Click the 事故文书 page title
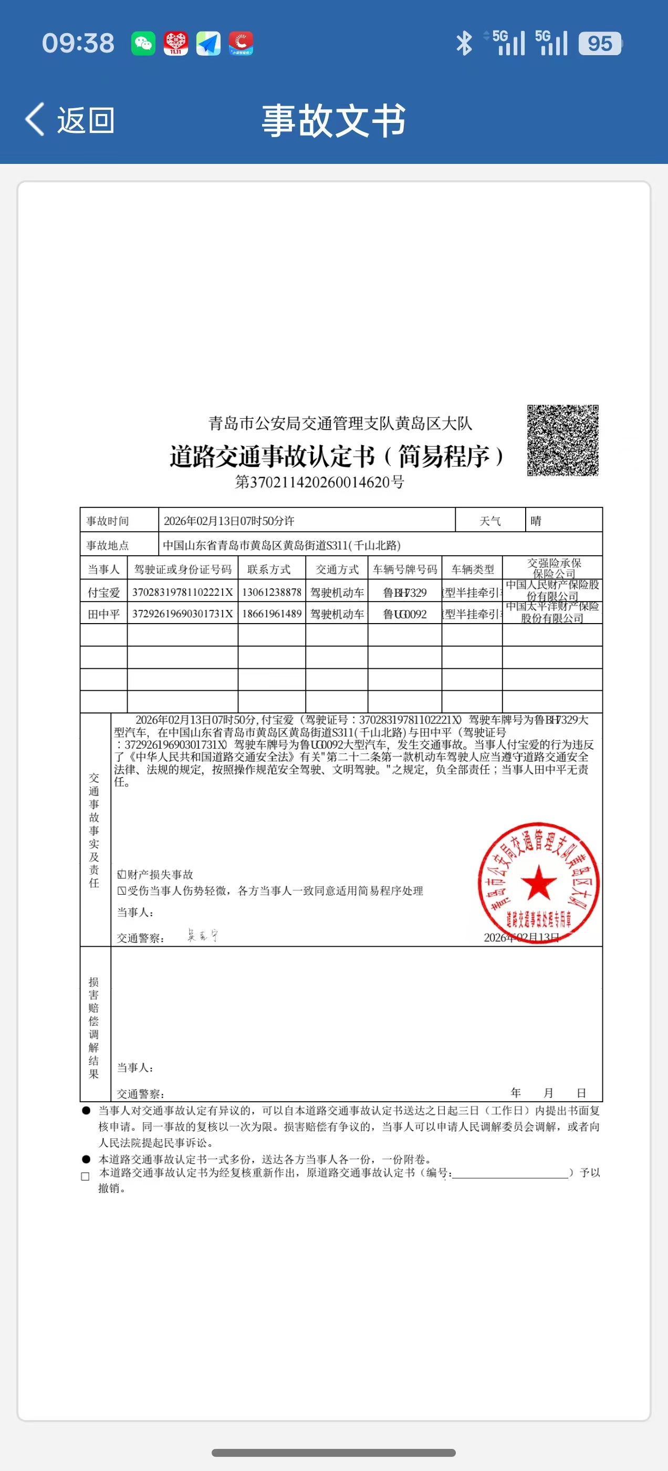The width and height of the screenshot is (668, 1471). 333,120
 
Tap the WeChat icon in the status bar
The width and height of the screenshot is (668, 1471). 143,44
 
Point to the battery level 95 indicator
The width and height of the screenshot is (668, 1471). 600,44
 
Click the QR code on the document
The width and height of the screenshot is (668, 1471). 562,440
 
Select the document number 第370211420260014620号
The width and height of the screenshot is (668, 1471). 320,482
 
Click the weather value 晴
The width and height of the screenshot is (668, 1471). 536,521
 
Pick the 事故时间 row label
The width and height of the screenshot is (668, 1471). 108,521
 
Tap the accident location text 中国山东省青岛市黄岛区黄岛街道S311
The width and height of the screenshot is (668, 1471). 281,545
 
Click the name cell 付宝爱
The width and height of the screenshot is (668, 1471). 104,593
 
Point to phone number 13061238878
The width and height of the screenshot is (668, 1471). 272,592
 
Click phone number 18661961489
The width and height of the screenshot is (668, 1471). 272,614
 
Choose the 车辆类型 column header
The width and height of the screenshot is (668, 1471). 473,569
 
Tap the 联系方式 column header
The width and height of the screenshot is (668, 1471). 269,569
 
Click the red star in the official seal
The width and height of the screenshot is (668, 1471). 538,882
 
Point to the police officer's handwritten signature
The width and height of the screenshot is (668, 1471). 203,935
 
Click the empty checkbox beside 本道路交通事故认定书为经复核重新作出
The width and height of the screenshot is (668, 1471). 86,1176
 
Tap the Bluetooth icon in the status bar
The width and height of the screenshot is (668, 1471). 464,44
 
